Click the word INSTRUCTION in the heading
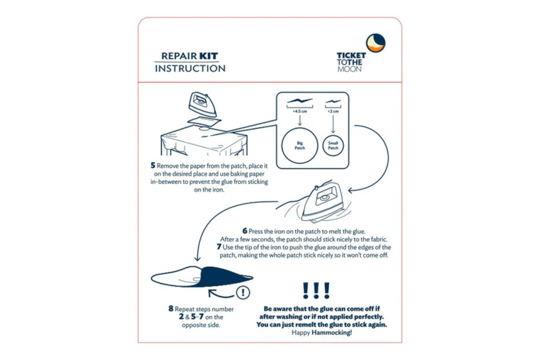190,68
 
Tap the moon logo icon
375,43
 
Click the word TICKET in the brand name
351,55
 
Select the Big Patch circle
299,145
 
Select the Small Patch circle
333,145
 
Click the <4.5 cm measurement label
300,111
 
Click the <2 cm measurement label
333,111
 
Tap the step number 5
153,166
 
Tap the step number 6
245,231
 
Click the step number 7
219,247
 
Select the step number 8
171,309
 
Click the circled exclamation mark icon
243,292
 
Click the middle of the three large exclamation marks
316,290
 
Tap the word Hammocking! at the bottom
331,332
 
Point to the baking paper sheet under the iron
204,121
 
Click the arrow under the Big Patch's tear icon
300,120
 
